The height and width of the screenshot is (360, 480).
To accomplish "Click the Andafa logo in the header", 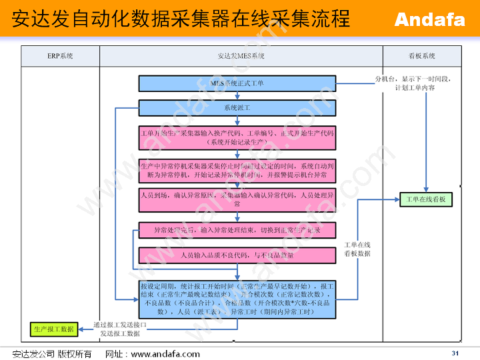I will (429, 19).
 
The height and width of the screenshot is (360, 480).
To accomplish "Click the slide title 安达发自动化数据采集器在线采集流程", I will (181, 19).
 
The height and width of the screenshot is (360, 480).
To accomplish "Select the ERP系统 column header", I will (61, 56).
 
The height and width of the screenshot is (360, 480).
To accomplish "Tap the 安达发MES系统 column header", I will (241, 56).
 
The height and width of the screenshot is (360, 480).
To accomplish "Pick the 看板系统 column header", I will (421, 56).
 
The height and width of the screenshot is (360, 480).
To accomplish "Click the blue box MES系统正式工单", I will (237, 83).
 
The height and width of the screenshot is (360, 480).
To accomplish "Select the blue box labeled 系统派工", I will (237, 107).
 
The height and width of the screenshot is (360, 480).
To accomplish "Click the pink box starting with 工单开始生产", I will (237, 138).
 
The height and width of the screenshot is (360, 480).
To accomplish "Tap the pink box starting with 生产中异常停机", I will (237, 170).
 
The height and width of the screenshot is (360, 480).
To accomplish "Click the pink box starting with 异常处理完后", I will (237, 230).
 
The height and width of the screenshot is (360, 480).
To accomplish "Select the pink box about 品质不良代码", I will (237, 255).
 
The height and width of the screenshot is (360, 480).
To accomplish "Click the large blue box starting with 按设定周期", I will (237, 299).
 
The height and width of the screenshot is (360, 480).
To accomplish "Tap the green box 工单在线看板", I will (426, 199).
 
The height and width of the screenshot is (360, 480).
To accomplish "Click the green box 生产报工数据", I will (53, 329).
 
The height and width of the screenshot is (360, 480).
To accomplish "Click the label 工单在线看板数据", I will (357, 249).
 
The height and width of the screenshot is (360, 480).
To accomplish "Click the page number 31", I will (455, 353).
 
